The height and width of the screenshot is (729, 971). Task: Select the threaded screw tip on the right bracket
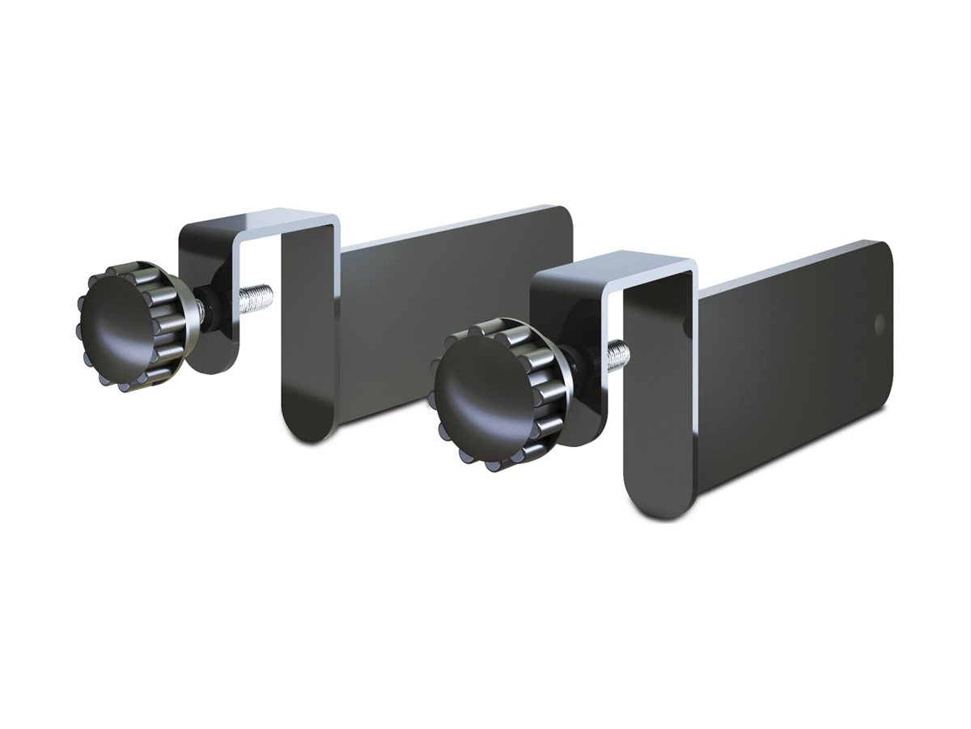coord(620,353)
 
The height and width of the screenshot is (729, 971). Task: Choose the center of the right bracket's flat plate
coord(793,373)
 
